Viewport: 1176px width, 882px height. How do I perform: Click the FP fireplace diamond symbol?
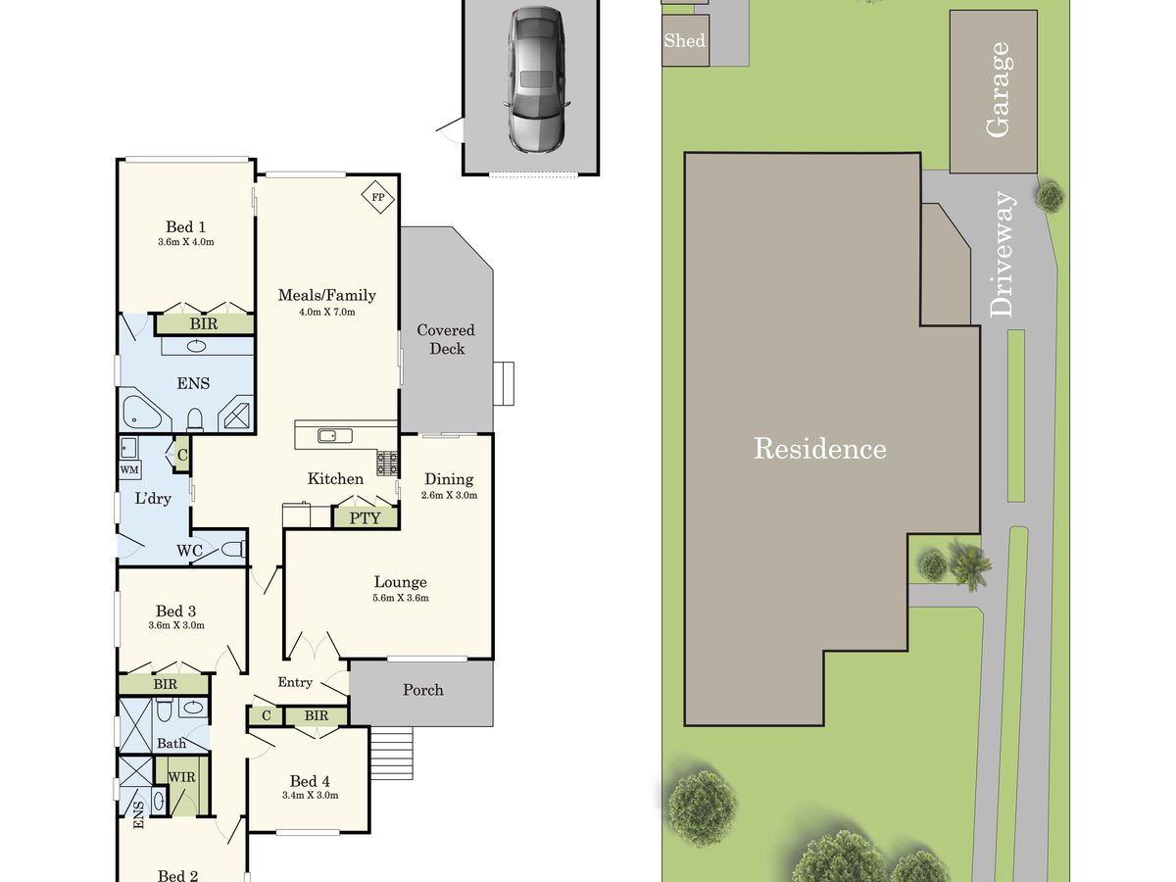click(377, 197)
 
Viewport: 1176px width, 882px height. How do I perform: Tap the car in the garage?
click(536, 80)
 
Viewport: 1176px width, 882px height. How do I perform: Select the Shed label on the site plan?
click(684, 41)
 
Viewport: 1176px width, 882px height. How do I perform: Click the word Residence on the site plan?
click(819, 449)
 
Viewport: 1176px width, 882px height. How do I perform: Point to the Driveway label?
click(1002, 255)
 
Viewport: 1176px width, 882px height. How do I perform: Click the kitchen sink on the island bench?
click(335, 436)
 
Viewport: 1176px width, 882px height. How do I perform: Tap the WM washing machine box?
click(129, 469)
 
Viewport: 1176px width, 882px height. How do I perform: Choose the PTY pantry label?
click(365, 518)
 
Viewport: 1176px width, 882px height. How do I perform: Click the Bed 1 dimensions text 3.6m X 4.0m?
click(186, 242)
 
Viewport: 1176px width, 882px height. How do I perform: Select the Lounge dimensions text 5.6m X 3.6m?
click(401, 598)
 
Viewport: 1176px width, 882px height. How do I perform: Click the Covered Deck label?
click(446, 339)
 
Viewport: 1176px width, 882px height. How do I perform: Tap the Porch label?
click(423, 690)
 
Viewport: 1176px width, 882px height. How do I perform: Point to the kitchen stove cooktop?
click(387, 464)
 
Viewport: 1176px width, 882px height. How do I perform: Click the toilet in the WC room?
click(233, 550)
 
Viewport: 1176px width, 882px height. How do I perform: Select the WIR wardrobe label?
click(181, 777)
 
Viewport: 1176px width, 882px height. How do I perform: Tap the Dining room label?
click(449, 479)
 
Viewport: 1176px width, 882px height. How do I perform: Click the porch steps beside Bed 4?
click(392, 753)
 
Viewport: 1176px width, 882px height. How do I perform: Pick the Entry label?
click(295, 683)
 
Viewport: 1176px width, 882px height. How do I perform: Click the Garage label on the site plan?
click(998, 89)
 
